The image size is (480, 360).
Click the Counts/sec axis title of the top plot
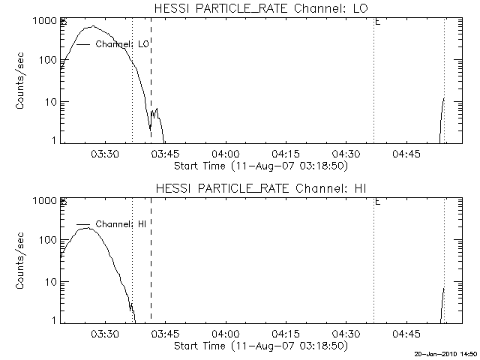click(x=22, y=81)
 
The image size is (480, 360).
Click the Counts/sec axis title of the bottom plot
click(x=22, y=261)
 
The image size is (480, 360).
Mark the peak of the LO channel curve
click(x=92, y=26)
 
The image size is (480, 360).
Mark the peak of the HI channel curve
click(x=88, y=228)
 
